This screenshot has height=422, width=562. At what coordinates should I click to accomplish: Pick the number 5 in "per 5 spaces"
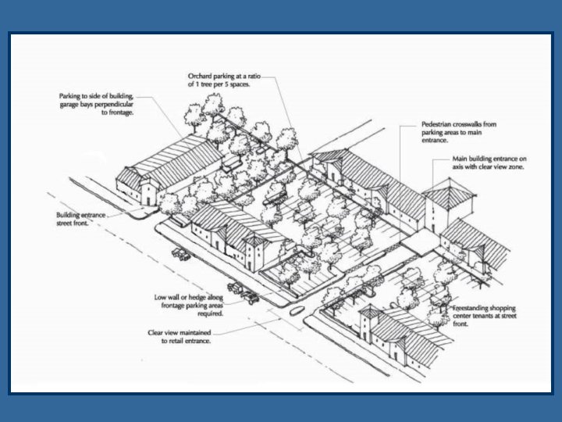pos(227,84)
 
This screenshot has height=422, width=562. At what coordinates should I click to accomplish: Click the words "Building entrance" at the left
pos(80,213)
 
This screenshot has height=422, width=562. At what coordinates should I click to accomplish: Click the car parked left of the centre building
pos(180,254)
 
